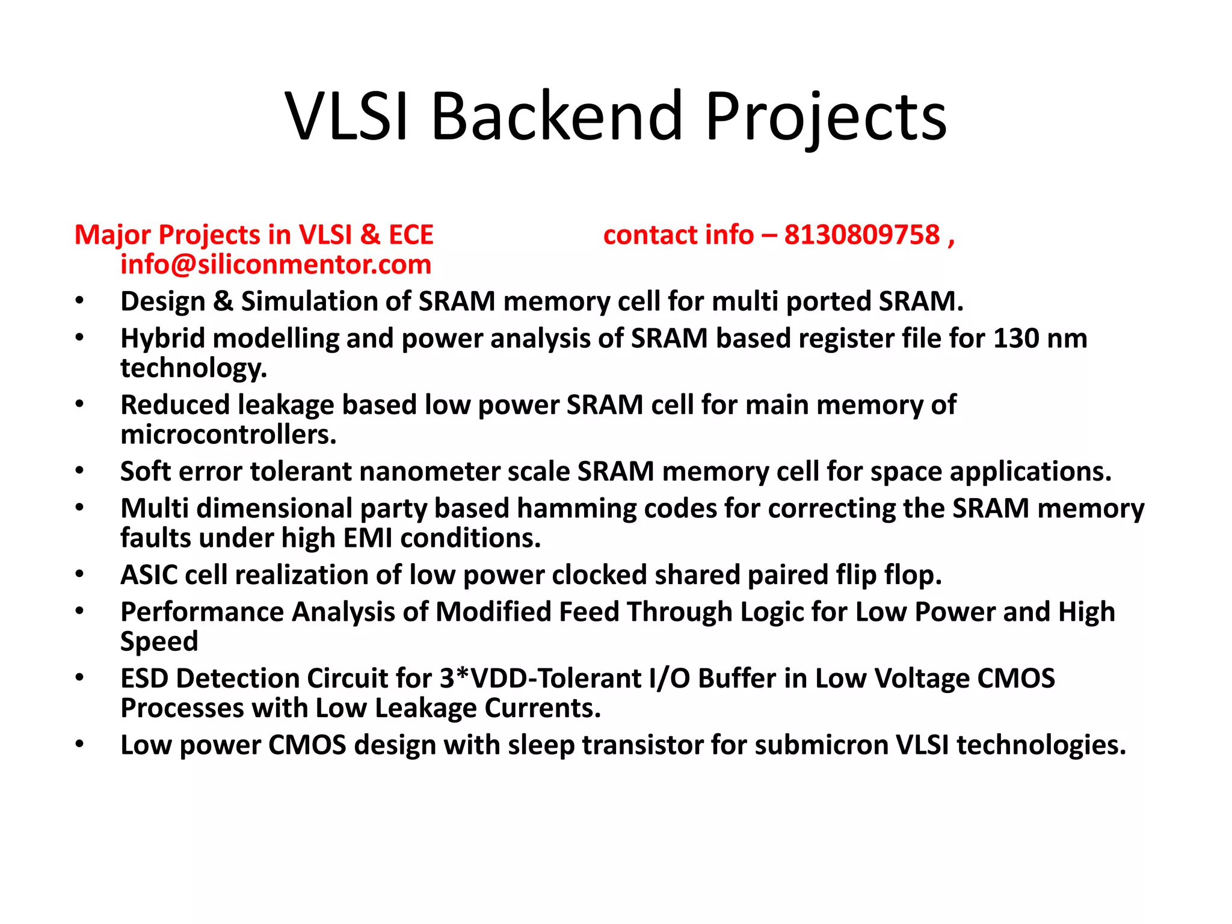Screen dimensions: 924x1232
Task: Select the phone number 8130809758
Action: (x=861, y=235)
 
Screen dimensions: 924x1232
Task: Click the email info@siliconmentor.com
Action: (x=276, y=265)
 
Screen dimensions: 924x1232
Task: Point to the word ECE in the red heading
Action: (x=411, y=235)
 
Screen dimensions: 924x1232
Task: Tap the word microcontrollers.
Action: (x=228, y=435)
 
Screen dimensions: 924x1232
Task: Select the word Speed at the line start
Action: (x=159, y=642)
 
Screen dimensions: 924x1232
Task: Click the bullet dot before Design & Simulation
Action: (x=79, y=301)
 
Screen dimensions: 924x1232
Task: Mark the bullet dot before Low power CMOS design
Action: (x=79, y=745)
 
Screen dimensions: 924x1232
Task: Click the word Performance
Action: (x=202, y=612)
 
